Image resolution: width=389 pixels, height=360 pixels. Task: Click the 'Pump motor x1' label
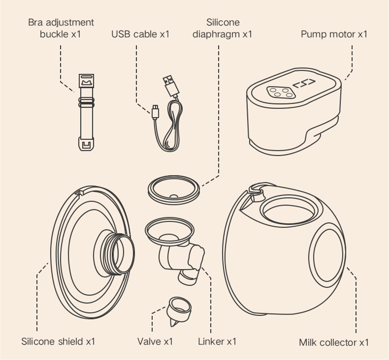click(334, 34)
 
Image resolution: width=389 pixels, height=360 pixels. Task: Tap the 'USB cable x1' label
click(140, 34)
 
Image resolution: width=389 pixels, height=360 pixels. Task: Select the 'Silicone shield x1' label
click(58, 341)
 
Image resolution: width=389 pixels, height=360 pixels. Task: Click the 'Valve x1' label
click(155, 341)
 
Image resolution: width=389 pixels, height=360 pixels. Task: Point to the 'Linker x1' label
click(217, 341)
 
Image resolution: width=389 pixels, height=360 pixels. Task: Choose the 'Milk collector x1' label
click(334, 342)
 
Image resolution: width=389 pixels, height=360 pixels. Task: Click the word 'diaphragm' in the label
click(216, 34)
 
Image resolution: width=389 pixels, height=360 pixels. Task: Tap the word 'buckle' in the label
click(55, 34)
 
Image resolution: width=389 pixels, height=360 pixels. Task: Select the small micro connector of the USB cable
click(155, 112)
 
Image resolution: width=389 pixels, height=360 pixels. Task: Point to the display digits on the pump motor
click(304, 84)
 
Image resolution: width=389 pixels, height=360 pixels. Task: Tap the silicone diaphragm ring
click(174, 190)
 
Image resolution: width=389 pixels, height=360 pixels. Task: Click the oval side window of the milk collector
click(328, 255)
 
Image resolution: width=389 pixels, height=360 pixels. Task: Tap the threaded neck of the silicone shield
click(115, 254)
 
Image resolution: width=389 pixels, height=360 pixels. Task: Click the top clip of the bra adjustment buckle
click(86, 81)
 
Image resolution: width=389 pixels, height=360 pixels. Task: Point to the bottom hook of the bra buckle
click(86, 145)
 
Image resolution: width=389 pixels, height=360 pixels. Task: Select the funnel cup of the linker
click(169, 232)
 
